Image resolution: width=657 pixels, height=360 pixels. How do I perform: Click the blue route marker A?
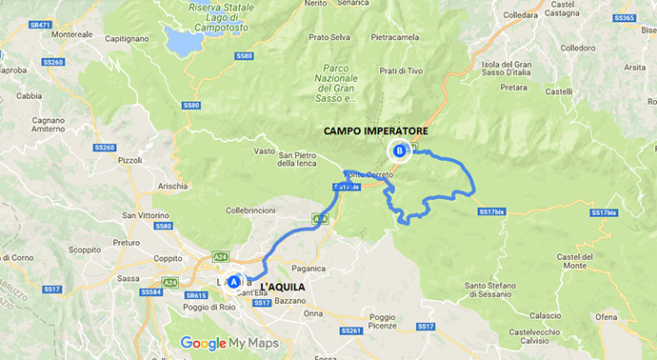(234, 282)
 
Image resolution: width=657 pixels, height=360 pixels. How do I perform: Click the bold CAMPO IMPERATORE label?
(376, 130)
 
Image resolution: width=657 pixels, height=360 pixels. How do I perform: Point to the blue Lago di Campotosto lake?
(182, 40)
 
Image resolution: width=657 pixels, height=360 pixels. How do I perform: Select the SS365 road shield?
(624, 18)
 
